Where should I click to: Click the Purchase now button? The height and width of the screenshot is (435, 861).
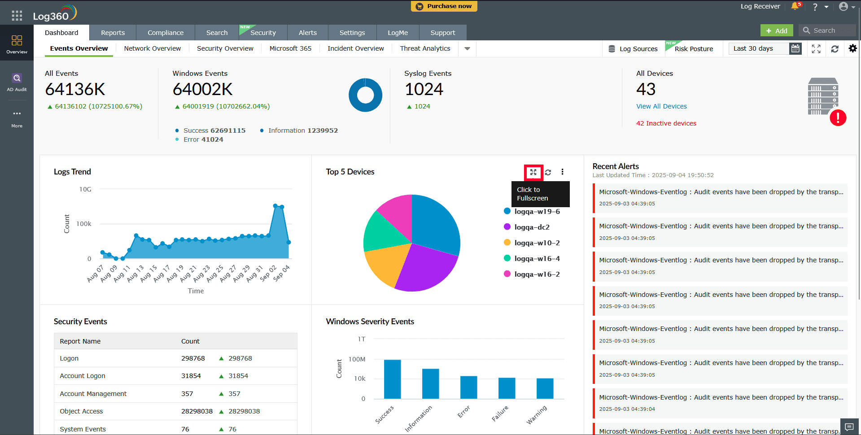pyautogui.click(x=444, y=6)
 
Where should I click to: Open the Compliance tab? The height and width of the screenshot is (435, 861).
pyautogui.click(x=165, y=33)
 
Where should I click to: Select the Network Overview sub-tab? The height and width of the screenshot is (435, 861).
pyautogui.click(x=152, y=48)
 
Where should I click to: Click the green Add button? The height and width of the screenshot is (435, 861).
pyautogui.click(x=776, y=30)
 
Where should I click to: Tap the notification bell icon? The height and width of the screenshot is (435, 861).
pyautogui.click(x=795, y=6)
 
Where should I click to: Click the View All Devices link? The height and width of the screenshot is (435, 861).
pyautogui.click(x=661, y=106)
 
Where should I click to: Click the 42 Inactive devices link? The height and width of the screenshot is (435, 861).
pyautogui.click(x=666, y=123)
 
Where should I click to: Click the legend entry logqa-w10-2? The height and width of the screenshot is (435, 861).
pyautogui.click(x=537, y=243)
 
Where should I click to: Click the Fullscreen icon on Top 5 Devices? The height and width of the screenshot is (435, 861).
pyautogui.click(x=533, y=172)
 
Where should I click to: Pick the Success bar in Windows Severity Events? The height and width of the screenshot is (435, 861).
pyautogui.click(x=392, y=379)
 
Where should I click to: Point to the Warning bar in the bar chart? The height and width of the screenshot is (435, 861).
pyautogui.click(x=545, y=388)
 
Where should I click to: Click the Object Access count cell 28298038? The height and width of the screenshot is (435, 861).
pyautogui.click(x=197, y=411)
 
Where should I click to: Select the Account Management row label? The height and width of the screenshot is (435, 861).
pyautogui.click(x=93, y=394)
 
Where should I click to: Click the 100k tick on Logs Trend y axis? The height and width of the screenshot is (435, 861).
pyautogui.click(x=84, y=224)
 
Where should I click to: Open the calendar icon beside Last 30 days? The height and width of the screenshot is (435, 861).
pyautogui.click(x=795, y=48)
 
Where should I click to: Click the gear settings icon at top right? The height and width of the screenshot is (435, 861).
pyautogui.click(x=852, y=48)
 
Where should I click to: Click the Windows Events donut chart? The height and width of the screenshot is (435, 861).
pyautogui.click(x=365, y=95)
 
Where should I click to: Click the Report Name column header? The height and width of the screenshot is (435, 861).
pyautogui.click(x=80, y=341)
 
